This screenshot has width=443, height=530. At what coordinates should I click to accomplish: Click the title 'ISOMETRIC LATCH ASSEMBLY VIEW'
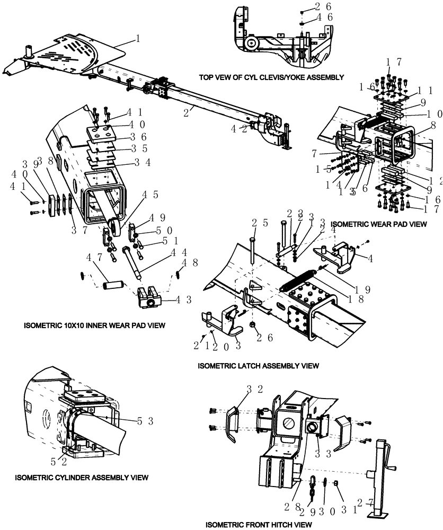[x=258, y=366]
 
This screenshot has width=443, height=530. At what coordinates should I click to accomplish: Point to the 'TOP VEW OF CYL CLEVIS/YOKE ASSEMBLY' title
[x=271, y=77]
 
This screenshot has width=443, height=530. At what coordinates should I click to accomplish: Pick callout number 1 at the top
[x=138, y=39]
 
